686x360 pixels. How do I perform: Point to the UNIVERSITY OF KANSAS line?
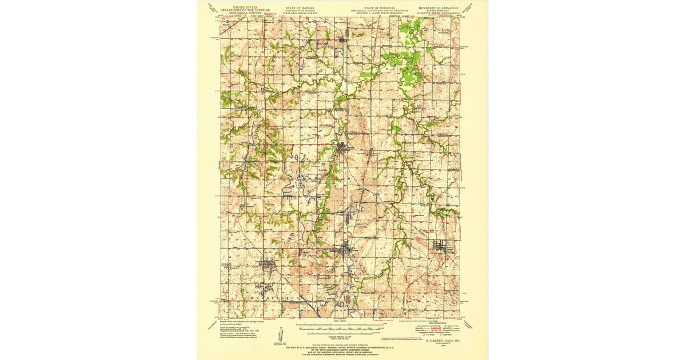300,10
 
